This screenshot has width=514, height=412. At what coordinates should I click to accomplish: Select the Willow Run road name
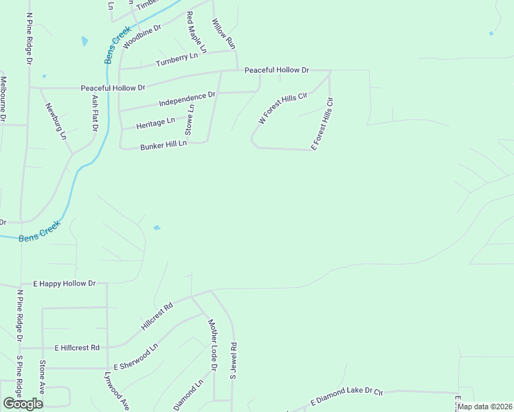point(224,34)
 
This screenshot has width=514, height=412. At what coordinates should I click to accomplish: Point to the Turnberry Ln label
point(181,58)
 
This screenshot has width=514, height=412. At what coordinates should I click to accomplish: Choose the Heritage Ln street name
point(155,122)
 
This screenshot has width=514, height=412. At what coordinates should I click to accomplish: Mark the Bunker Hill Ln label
point(164,146)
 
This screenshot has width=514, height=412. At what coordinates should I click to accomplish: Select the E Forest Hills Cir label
point(322,124)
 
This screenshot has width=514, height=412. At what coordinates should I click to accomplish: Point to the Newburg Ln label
point(57,121)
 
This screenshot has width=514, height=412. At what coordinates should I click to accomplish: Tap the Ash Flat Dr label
point(95,113)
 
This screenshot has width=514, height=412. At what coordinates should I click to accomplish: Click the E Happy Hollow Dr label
point(65,283)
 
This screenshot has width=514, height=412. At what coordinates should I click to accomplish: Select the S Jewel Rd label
point(233,361)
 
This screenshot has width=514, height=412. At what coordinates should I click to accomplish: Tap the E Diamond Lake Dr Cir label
point(346,395)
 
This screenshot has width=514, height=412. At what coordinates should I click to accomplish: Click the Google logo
point(23,403)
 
